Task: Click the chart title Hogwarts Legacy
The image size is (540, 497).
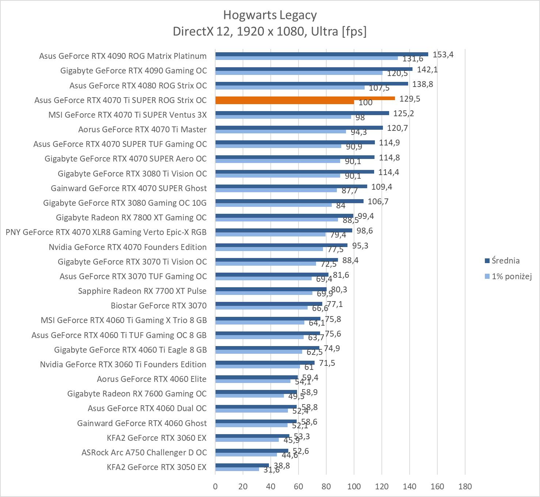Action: (270, 15)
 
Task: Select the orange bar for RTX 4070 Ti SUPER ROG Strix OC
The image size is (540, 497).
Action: (305, 98)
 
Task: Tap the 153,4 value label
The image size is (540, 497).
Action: (443, 54)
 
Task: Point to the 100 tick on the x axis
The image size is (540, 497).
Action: (354, 486)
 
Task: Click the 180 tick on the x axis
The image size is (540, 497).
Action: (465, 486)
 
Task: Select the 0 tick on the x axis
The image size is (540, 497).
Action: (215, 486)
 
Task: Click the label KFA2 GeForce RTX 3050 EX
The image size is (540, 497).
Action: (156, 467)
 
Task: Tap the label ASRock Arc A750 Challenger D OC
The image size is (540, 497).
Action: (144, 452)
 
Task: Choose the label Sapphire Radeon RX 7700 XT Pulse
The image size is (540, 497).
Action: (142, 291)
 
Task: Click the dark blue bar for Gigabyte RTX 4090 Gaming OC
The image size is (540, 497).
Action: (313, 69)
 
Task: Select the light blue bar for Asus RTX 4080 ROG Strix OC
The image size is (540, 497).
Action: (290, 88)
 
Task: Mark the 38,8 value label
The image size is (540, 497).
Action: (282, 466)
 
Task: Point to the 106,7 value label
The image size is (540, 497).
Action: (378, 201)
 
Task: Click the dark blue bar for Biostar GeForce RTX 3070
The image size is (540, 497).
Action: (269, 304)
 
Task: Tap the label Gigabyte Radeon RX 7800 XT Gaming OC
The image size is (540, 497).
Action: (131, 217)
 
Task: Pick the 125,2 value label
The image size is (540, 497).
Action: (403, 113)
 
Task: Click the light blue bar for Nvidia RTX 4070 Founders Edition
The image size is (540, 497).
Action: (269, 249)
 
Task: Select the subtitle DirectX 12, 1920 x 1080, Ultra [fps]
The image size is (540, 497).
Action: (270, 31)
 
